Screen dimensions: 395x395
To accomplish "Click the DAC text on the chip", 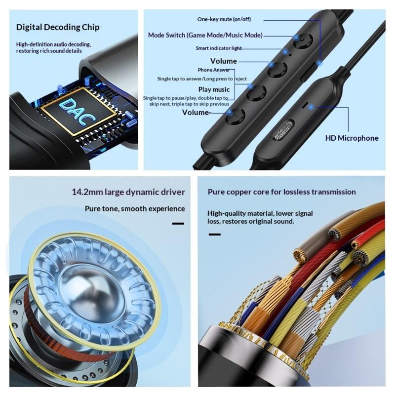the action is (78, 112).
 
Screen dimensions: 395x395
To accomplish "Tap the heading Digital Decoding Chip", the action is (58, 27).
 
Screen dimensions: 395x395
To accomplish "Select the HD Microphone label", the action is (352, 138).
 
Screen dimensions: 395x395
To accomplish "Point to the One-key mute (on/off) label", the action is (224, 19).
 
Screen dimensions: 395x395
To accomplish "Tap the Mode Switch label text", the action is (205, 35).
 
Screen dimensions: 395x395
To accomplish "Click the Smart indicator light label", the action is (219, 48).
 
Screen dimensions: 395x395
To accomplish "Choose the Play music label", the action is (214, 89).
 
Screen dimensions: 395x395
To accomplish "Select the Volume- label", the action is (196, 113).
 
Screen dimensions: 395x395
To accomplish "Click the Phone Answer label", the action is (214, 70).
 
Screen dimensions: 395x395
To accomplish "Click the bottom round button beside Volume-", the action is (236, 116).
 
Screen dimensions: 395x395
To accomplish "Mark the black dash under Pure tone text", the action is (178, 224).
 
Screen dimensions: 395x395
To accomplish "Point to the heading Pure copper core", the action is (281, 192).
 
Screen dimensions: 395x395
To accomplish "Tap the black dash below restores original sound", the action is (215, 235).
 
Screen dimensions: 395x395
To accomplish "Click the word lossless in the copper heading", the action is (297, 192).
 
